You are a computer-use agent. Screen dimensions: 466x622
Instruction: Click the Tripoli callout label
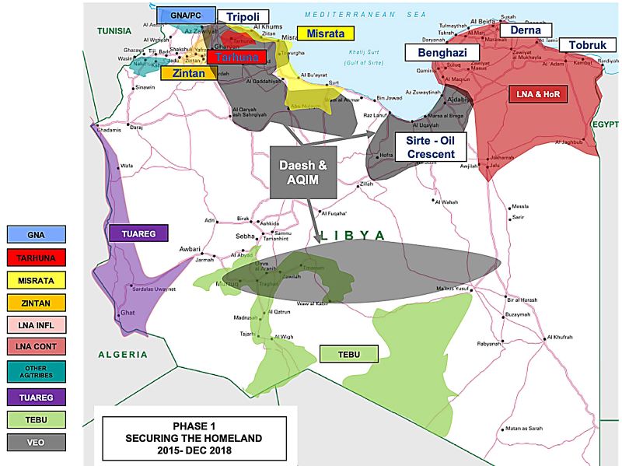coord(243,17)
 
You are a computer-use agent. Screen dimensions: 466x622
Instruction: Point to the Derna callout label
coord(525,30)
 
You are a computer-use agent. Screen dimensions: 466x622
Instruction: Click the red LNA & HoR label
coord(538,94)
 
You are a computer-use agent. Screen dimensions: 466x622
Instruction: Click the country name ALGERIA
coord(121,355)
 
